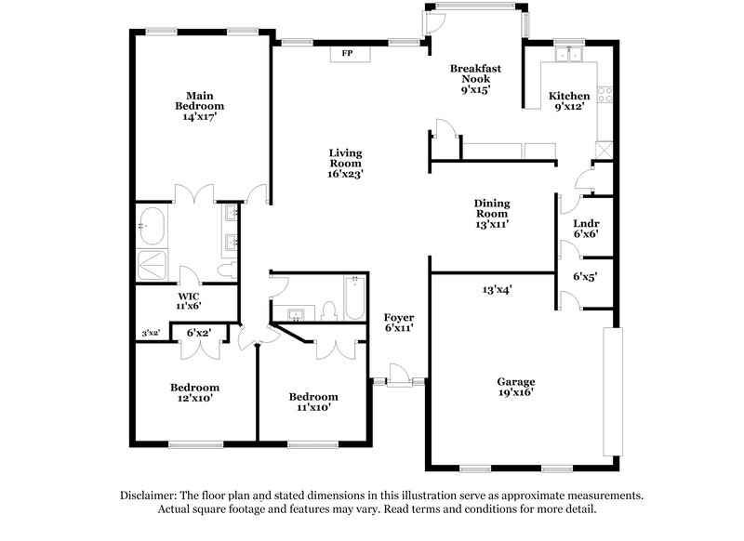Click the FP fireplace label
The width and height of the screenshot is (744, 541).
pos(347,54)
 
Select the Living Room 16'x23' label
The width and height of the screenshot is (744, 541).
pos(345,163)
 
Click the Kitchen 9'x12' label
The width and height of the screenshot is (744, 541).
pos(568,100)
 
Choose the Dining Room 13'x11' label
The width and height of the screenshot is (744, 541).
pos(492,213)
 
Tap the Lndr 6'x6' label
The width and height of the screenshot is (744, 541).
pos(585,228)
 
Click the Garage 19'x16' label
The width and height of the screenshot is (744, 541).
pos(515,387)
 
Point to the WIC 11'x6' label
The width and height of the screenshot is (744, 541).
pos(189,299)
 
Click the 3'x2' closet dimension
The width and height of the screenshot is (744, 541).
pos(150,332)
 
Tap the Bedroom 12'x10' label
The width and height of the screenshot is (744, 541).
pos(194,392)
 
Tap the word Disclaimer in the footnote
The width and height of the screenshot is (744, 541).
pos(151,495)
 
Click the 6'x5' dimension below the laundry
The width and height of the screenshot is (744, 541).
pos(584,276)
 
